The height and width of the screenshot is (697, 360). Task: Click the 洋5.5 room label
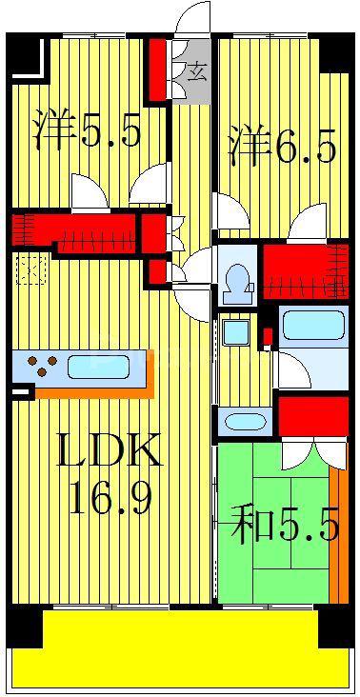(89, 129)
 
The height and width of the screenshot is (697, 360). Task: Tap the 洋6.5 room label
(282, 145)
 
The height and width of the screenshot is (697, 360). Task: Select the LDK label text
(109, 449)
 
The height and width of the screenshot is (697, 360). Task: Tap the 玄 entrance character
(197, 72)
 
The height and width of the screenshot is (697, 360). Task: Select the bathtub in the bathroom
(313, 326)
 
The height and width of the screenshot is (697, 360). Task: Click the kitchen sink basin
(99, 366)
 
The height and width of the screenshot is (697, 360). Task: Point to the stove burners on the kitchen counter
(42, 366)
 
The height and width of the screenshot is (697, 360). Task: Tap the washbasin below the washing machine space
(245, 422)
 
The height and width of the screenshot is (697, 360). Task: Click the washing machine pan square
(235, 332)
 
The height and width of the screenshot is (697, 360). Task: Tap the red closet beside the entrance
(157, 70)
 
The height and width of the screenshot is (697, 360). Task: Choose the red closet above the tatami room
(313, 416)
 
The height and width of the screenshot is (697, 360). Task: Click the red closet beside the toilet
(306, 271)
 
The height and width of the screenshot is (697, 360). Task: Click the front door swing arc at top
(192, 18)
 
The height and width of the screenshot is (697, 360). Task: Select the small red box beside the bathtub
(268, 336)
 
